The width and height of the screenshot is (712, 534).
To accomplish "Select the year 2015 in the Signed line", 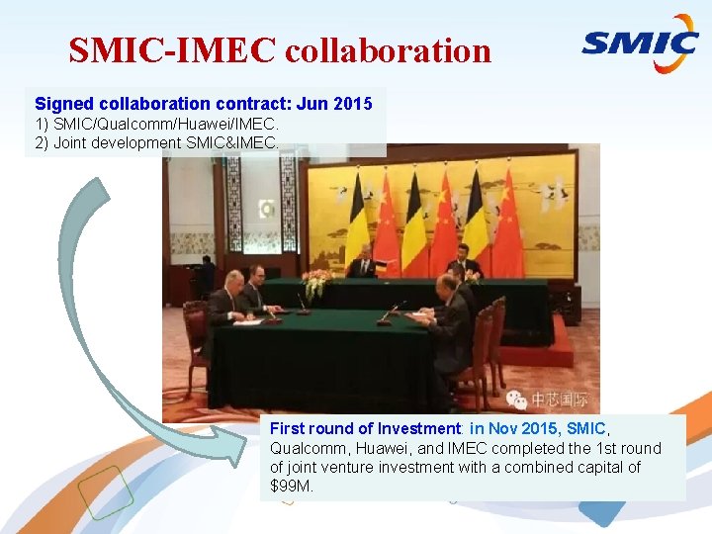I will coord(353,104).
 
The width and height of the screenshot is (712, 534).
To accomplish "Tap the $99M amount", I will coord(291,486).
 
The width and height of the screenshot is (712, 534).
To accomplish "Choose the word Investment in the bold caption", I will coord(415,429).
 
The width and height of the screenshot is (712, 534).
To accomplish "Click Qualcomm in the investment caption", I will coord(304,448).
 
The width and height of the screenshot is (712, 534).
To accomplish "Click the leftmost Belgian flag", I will coord(357,223).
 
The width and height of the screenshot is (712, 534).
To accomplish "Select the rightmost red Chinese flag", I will coord(508,225).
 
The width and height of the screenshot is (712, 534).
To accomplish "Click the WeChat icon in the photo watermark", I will coord(517,400).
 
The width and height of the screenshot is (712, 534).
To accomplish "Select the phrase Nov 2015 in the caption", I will coord(519,429).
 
